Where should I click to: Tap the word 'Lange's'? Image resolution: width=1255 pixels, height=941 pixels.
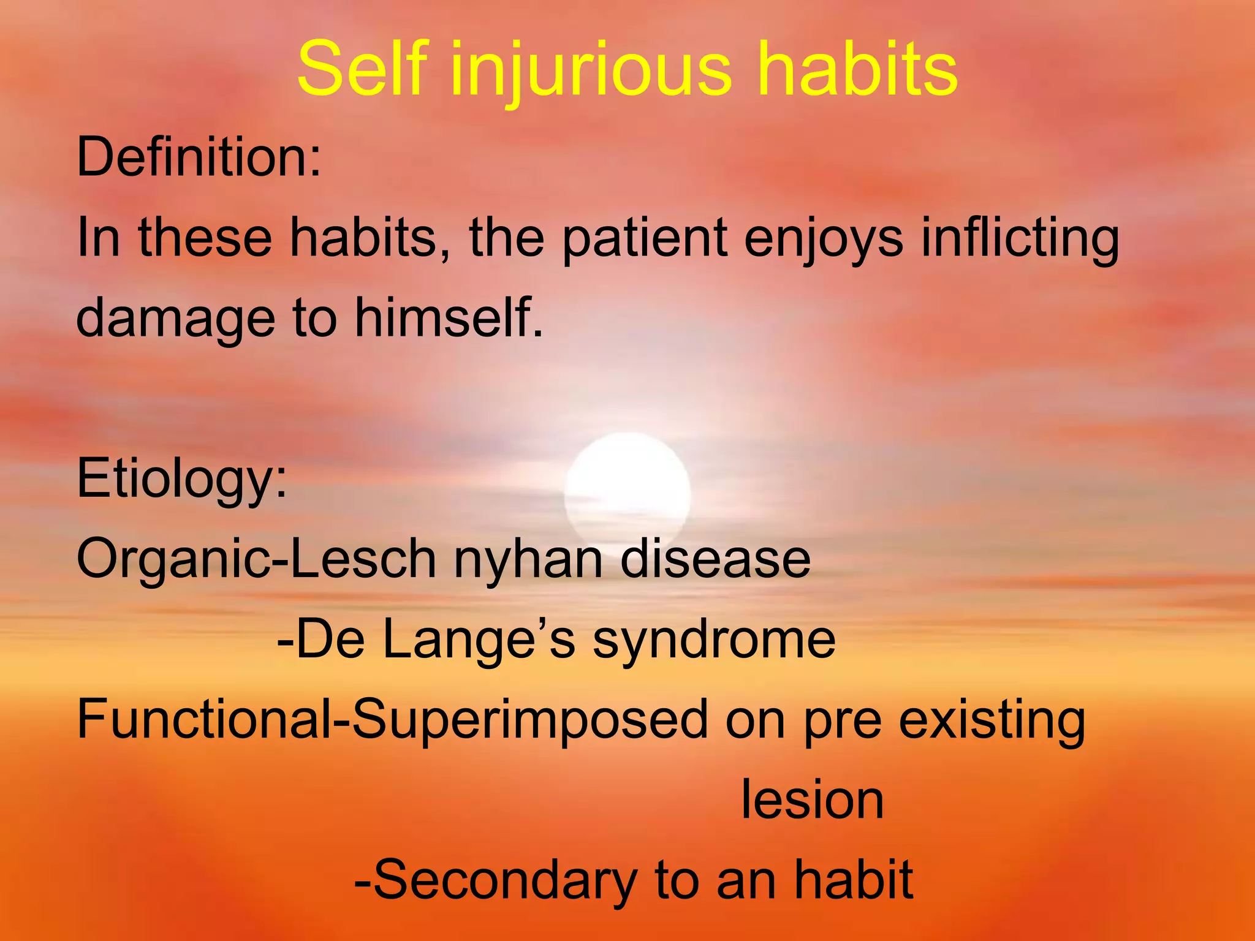(x=479, y=640)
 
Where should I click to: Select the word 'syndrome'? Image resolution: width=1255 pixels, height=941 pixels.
(x=714, y=640)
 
